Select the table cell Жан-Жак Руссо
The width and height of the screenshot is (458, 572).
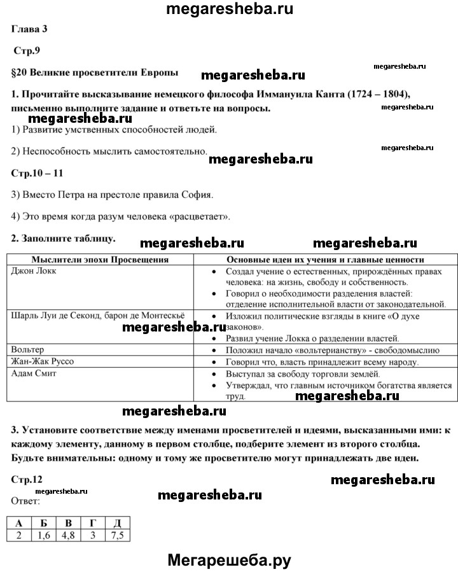coord(43,361)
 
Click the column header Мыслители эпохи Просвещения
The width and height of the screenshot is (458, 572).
coord(100,260)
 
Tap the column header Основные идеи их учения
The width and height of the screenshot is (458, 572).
coord(326,260)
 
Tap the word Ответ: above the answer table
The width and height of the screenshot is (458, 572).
coord(25,501)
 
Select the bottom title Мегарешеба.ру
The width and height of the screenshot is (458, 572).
coord(228,560)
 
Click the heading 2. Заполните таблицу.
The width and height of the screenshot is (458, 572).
coord(64,239)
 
